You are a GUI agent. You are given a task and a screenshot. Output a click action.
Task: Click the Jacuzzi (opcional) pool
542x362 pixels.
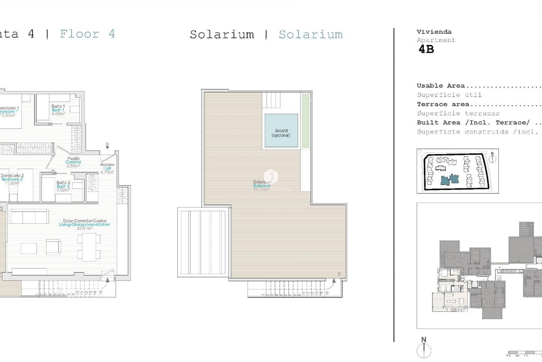pyautogui.click(x=281, y=131)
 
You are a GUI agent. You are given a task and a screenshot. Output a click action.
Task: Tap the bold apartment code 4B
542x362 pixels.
pyautogui.click(x=426, y=49)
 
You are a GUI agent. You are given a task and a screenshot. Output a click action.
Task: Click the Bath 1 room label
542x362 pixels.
pyautogui.click(x=58, y=110)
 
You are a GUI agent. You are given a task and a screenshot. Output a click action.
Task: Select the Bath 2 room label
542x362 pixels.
pyautogui.click(x=63, y=186)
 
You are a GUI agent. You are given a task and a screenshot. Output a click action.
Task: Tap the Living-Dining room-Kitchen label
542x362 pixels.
pyautogui.click(x=84, y=225)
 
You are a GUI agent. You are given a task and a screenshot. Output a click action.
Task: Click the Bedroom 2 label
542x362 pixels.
pyautogui.click(x=12, y=179)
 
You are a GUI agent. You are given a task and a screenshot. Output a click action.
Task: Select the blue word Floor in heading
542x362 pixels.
pyautogui.click(x=80, y=34)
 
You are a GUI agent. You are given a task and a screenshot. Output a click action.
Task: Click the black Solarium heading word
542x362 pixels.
pyautogui.click(x=222, y=35)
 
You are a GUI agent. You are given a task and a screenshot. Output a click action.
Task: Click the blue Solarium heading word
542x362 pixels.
pyautogui.click(x=311, y=35)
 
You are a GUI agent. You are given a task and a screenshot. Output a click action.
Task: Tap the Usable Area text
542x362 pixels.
pyautogui.click(x=441, y=86)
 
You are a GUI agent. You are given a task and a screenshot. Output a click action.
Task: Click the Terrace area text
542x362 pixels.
pyautogui.click(x=443, y=104)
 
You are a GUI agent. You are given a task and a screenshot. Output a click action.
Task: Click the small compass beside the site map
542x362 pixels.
pyautogui.click(x=492, y=159)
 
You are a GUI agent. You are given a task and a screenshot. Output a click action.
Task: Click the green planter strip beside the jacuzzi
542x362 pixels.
pyautogui.click(x=305, y=121)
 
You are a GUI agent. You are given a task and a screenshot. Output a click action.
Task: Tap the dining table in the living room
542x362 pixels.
pyautogui.click(x=89, y=247)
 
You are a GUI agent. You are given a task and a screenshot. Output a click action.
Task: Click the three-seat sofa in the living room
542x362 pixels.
pyautogui.click(x=29, y=216)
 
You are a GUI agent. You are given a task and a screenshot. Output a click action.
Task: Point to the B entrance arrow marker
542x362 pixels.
pyautogui.click(x=107, y=146)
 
